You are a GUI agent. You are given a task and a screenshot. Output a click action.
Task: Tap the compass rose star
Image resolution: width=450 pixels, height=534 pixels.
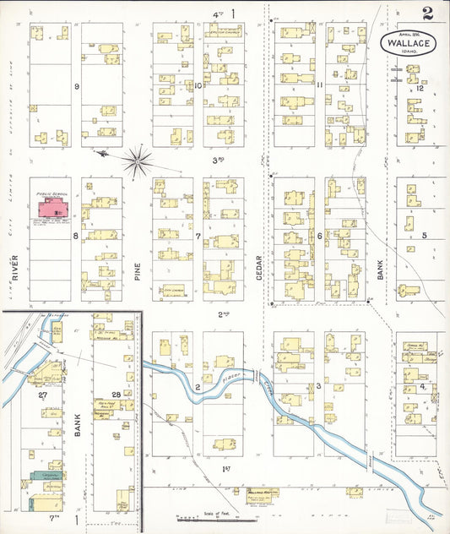click(138, 157)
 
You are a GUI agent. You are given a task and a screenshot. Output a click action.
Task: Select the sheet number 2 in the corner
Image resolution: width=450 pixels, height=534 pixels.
click(428, 14)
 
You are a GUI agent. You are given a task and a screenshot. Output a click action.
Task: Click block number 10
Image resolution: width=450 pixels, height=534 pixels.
click(198, 85)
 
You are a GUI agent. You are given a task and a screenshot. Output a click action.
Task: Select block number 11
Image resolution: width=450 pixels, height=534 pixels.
click(320, 85)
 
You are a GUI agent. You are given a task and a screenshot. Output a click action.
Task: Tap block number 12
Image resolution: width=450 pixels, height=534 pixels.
click(419, 88)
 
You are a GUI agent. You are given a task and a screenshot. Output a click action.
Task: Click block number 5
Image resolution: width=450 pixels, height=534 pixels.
click(425, 235)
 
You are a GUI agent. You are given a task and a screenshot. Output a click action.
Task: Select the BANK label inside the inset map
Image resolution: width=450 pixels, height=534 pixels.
click(77, 420)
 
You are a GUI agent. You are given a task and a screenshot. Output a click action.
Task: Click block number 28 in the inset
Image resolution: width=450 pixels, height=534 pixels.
click(115, 395)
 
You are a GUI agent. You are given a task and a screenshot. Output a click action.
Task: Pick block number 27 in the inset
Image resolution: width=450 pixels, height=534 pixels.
click(41, 395)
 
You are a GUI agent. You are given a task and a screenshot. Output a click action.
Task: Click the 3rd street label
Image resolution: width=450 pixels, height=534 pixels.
click(218, 160)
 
